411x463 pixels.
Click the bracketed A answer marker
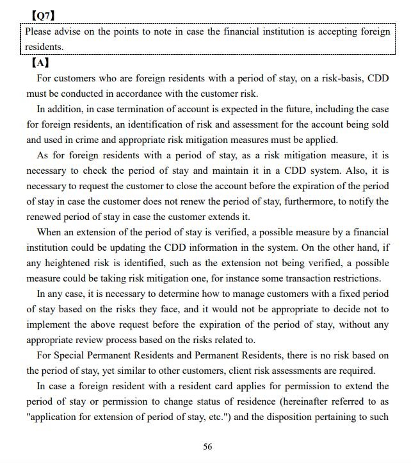[39, 63]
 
